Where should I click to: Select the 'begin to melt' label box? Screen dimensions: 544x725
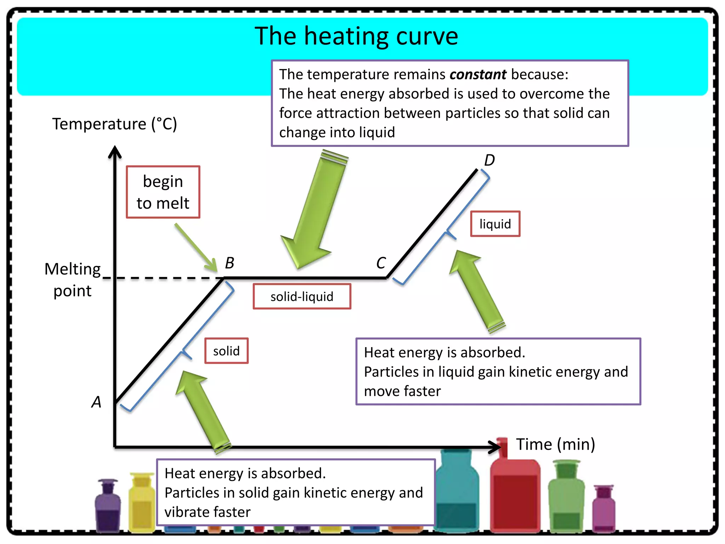(x=163, y=192)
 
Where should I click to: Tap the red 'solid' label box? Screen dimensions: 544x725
(x=226, y=351)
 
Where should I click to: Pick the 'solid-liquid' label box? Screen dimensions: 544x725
(x=302, y=296)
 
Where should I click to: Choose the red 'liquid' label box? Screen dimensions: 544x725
(x=495, y=224)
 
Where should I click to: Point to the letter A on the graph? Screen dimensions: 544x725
(x=96, y=402)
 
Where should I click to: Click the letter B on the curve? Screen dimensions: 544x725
(x=230, y=263)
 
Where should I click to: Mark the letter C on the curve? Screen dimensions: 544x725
(x=381, y=263)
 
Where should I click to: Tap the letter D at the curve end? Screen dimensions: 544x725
(x=489, y=160)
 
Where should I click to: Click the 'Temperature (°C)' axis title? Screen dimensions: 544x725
(x=114, y=124)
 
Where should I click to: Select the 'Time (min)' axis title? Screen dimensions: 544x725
(x=555, y=444)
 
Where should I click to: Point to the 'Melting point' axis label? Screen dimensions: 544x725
(x=73, y=280)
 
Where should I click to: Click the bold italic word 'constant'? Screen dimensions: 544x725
(x=478, y=74)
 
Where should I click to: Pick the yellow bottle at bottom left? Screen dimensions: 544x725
(x=142, y=503)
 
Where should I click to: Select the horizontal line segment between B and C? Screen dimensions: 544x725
(x=304, y=278)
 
